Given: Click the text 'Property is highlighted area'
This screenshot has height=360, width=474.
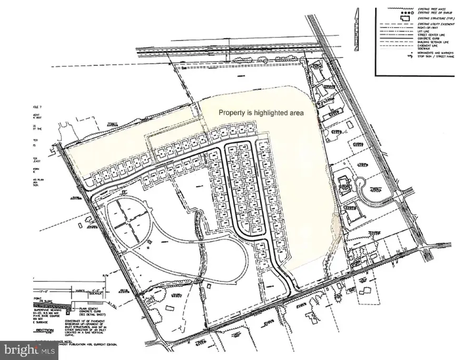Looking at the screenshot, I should [261, 113].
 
